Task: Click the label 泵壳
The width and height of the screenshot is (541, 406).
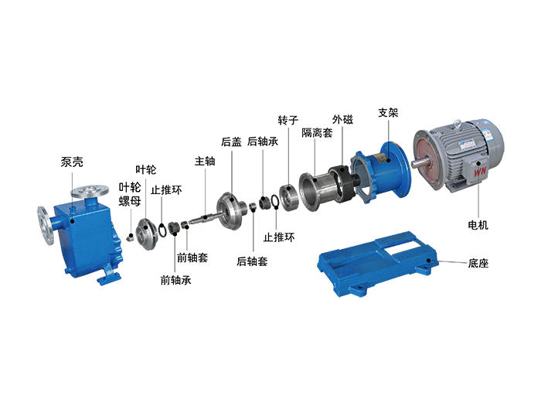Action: click(x=72, y=162)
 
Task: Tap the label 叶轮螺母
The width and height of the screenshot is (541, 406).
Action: click(x=130, y=193)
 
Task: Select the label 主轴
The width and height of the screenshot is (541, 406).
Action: click(x=205, y=161)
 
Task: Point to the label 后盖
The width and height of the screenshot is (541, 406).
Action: click(x=231, y=142)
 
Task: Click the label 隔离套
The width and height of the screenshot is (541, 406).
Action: click(x=317, y=132)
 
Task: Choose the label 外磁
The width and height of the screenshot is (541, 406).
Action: click(x=342, y=119)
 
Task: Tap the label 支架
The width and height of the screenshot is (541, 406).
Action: click(x=388, y=113)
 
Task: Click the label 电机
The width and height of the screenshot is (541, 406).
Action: click(x=478, y=225)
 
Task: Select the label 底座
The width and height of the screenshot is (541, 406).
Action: click(x=478, y=264)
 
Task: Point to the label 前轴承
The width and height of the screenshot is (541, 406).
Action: click(x=175, y=280)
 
